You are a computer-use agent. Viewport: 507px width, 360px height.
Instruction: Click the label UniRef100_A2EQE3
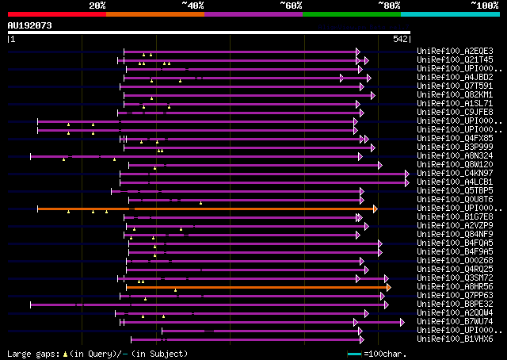click(x=444, y=51)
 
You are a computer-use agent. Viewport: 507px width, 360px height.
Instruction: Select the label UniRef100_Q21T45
click(x=444, y=59)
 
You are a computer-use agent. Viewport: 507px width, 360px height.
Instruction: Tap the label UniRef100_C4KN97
click(x=444, y=173)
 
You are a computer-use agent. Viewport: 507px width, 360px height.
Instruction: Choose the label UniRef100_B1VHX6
click(x=444, y=339)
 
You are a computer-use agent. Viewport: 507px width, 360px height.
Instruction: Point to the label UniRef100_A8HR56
click(x=444, y=286)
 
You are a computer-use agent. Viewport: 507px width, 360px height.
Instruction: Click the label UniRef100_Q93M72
click(x=444, y=278)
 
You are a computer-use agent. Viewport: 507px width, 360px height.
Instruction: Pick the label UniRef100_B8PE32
click(x=444, y=304)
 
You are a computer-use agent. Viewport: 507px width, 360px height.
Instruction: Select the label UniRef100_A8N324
click(x=444, y=155)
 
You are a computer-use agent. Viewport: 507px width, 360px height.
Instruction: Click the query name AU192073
click(x=30, y=25)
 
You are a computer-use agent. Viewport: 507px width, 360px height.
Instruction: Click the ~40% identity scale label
click(x=193, y=5)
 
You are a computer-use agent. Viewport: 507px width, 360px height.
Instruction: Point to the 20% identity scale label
click(x=97, y=5)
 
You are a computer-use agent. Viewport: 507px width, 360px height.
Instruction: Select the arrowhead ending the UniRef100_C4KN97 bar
click(x=407, y=173)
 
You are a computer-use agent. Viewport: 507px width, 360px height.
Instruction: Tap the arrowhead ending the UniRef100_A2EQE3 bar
click(x=358, y=52)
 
